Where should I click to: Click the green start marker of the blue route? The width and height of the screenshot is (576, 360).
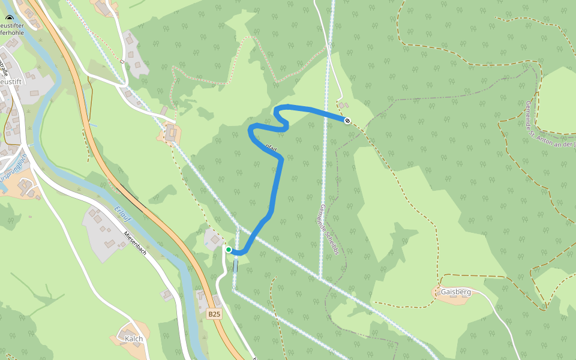(x=229, y=250)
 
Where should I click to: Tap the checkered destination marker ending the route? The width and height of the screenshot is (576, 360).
(x=347, y=121)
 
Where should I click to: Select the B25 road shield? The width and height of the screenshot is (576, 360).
(x=214, y=314)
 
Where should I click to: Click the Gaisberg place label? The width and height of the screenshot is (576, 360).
(x=455, y=292)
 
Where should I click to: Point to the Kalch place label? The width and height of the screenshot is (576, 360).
(x=134, y=338)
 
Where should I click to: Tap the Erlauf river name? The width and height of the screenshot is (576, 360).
(x=122, y=216)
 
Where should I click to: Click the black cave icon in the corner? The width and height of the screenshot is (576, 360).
(x=8, y=19)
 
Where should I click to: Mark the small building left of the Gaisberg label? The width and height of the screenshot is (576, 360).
(x=437, y=292)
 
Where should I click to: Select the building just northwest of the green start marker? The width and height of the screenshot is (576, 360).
(x=215, y=240)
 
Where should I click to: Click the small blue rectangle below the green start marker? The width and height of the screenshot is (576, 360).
(x=235, y=265)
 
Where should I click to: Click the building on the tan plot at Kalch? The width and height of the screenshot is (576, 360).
(x=128, y=334)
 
